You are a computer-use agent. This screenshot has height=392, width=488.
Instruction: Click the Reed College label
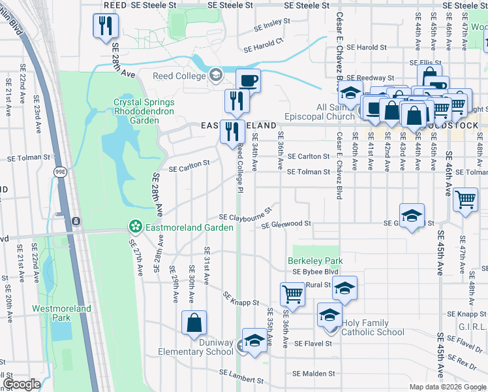click(179, 76)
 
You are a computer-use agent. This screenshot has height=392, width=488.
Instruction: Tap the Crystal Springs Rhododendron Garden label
click(144, 107)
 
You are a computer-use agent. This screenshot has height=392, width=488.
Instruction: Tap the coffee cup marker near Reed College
click(248, 81)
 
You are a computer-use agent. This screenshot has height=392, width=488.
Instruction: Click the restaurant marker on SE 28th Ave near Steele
click(104, 25)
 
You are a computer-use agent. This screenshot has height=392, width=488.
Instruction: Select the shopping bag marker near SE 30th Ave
click(194, 323)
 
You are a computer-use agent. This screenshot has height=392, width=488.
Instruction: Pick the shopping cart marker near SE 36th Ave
click(292, 293)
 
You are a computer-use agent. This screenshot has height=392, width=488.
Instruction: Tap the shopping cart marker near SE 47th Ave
click(465, 199)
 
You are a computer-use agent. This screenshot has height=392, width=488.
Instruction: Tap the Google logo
click(22, 384)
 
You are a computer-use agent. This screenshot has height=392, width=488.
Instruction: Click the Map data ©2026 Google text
click(447, 387)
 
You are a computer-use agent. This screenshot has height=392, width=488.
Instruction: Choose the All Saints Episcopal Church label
click(327, 112)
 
